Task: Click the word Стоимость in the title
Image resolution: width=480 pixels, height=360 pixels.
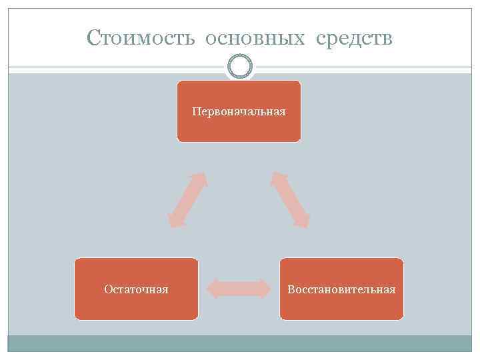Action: pos(141,39)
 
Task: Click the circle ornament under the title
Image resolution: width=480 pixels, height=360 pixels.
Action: pos(239,67)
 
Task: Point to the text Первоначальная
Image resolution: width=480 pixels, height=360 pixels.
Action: pos(239,111)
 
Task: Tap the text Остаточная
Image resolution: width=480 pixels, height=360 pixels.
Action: pos(136,289)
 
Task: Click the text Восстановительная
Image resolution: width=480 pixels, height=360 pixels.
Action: pos(341,289)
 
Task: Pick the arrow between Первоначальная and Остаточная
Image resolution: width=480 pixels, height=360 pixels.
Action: pos(187,200)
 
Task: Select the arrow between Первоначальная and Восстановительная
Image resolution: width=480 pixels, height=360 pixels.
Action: pos(290,200)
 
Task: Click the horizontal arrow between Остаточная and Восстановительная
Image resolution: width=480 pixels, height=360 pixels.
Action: pos(239,289)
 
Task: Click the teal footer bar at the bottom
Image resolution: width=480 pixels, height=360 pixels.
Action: pos(239,343)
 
